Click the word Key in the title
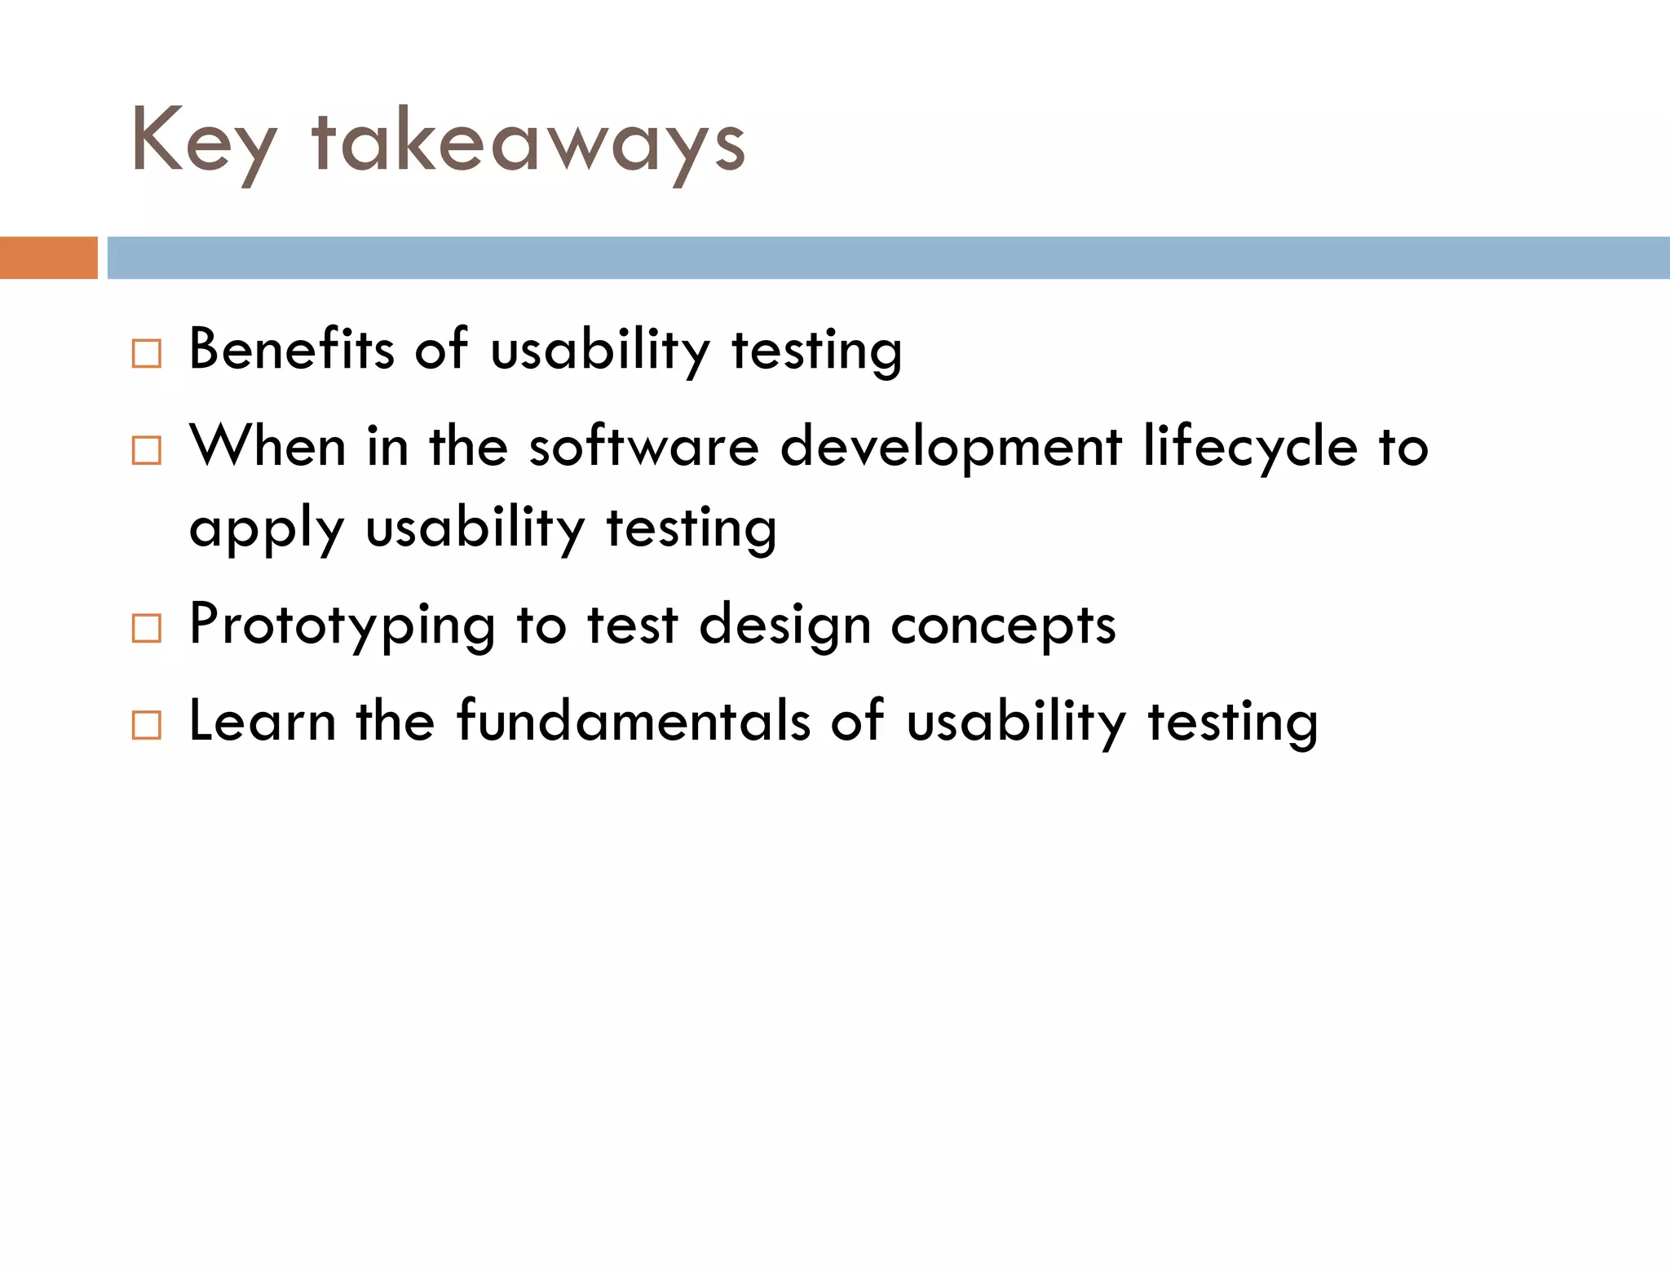pyautogui.click(x=204, y=143)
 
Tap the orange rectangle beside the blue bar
pyautogui.click(x=48, y=258)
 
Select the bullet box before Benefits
pyautogui.click(x=146, y=354)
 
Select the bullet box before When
pyautogui.click(x=146, y=450)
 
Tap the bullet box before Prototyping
pyautogui.click(x=146, y=628)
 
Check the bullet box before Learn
pyautogui.click(x=146, y=724)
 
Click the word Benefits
pyautogui.click(x=292, y=349)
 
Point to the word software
pyautogui.click(x=643, y=447)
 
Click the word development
pyautogui.click(x=951, y=449)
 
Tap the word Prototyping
pyautogui.click(x=342, y=626)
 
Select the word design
pyautogui.click(x=785, y=626)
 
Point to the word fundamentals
pyautogui.click(x=634, y=721)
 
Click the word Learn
pyautogui.click(x=262, y=721)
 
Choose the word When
pyautogui.click(x=268, y=447)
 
